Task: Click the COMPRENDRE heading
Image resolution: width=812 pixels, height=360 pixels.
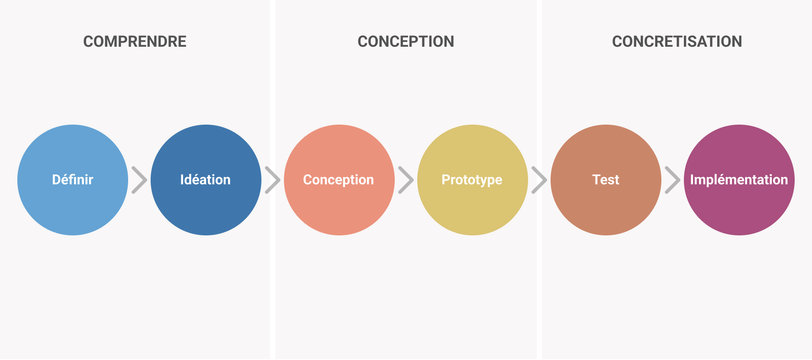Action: pyautogui.click(x=135, y=42)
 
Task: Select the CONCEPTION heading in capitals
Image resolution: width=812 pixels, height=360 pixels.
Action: pyautogui.click(x=406, y=42)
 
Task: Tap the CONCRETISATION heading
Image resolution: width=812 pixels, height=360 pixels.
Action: pyautogui.click(x=677, y=42)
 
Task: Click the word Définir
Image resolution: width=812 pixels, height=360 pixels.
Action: pyautogui.click(x=73, y=180)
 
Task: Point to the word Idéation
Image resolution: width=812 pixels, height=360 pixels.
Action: pyautogui.click(x=206, y=180)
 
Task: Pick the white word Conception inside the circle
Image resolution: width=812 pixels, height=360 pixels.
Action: pyautogui.click(x=338, y=180)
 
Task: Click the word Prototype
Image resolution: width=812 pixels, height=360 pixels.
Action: pyautogui.click(x=472, y=180)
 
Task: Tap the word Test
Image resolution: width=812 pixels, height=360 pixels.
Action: pyautogui.click(x=606, y=180)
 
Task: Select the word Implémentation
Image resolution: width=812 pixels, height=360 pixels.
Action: pyautogui.click(x=739, y=180)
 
